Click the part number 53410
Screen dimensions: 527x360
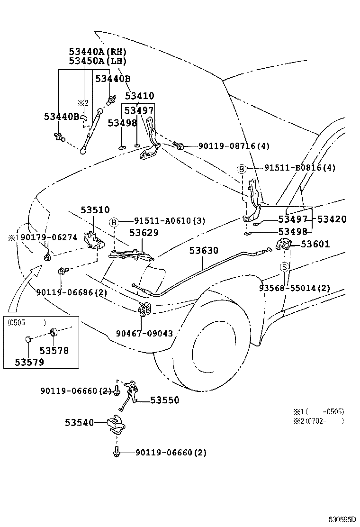[x=139, y=96]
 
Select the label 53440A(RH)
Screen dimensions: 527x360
[x=98, y=52]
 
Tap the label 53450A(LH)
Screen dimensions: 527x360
[x=98, y=61]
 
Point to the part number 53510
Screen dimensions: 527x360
[x=95, y=209]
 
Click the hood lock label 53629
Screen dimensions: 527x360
[x=144, y=233]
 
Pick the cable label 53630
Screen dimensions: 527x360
[x=204, y=250]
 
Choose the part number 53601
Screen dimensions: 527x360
[x=315, y=244]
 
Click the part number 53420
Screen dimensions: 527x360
[x=332, y=219]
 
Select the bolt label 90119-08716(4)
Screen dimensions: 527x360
[x=227, y=146]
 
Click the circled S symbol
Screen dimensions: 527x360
[x=284, y=267]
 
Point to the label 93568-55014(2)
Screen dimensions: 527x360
[x=294, y=288]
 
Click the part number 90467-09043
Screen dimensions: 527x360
[x=144, y=333]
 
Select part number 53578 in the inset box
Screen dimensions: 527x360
[x=54, y=351]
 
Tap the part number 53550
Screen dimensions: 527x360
[x=165, y=400]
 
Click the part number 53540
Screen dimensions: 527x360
[x=80, y=422]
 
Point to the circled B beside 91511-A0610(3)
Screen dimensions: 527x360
[x=114, y=221]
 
